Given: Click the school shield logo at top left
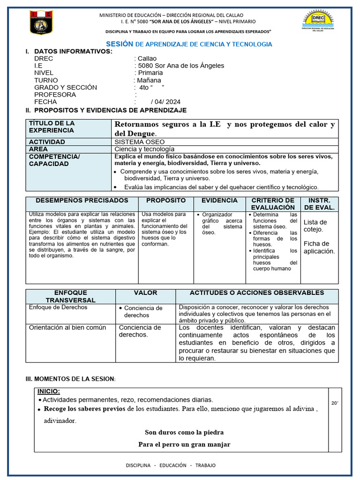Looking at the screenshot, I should (x=41, y=22).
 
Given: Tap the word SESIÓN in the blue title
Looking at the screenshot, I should (x=120, y=44).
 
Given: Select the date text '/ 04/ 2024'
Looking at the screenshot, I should (x=165, y=102).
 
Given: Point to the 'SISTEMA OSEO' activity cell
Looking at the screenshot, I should (x=140, y=142).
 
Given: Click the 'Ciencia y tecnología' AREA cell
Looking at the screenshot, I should (x=144, y=149).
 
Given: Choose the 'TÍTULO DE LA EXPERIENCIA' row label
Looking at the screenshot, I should (x=52, y=127).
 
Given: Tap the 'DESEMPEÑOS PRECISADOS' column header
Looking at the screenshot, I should (x=82, y=200).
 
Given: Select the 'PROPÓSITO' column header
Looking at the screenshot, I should (x=166, y=200).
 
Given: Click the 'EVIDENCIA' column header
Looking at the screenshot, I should (x=219, y=200).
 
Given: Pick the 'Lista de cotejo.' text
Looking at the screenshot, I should (x=315, y=225).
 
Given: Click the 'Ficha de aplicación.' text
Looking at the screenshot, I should (x=319, y=247).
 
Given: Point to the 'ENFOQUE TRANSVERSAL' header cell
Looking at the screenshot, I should (x=70, y=296).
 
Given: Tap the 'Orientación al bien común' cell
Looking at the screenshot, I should (x=67, y=328).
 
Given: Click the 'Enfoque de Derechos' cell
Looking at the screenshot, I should (x=58, y=307).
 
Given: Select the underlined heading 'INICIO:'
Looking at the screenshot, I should (x=49, y=392).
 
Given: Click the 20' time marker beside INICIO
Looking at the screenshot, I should (x=335, y=403).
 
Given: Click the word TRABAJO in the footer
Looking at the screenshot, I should (x=205, y=465).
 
